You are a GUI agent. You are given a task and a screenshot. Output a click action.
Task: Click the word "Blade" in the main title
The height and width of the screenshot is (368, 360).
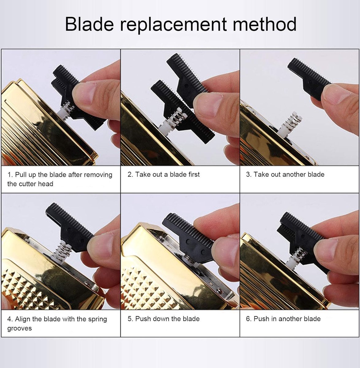[89, 24]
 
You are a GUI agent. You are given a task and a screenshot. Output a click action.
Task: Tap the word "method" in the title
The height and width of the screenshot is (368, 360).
[264, 24]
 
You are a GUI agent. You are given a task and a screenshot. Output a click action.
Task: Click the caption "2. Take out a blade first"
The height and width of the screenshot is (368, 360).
[163, 174]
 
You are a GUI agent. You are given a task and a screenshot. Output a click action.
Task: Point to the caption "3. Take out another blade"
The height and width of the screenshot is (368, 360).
[285, 174]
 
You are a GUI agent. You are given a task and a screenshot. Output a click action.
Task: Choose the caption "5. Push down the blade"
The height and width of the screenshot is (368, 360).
[163, 319]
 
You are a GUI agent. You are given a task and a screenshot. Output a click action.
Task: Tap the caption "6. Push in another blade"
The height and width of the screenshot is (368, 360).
[283, 319]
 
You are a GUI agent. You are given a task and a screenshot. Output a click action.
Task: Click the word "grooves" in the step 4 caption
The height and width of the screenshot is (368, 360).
[20, 329]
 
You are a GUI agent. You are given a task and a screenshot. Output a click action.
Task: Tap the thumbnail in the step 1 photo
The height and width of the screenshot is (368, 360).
[84, 93]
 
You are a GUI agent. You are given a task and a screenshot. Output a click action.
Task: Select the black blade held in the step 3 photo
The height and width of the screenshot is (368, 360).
[308, 78]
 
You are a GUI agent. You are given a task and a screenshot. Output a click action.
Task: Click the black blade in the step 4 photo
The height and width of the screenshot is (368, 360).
[70, 227]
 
